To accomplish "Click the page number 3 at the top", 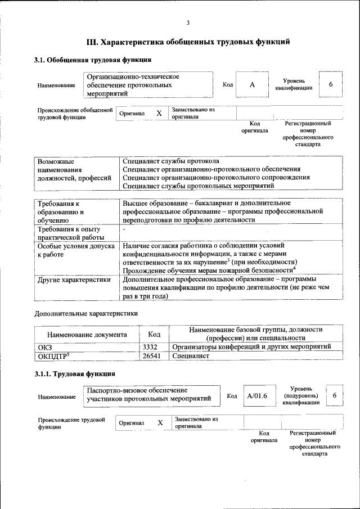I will [x=188, y=22].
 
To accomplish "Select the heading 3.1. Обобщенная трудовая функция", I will [x=92, y=60].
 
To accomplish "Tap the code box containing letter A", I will [x=252, y=84].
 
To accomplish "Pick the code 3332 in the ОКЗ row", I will [x=149, y=346].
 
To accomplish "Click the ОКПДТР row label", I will [x=53, y=356].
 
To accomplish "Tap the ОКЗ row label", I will [x=44, y=346].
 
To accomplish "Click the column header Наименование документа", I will [x=87, y=334].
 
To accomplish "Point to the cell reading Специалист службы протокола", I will [x=170, y=161].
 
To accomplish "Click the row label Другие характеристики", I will [x=73, y=278].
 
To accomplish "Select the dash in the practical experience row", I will [x=124, y=229].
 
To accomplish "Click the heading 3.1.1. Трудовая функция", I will [x=75, y=373].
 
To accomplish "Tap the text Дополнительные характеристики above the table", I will [x=86, y=313].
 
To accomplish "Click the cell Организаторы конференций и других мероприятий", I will [x=251, y=346].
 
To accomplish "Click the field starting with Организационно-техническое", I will [x=147, y=84].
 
